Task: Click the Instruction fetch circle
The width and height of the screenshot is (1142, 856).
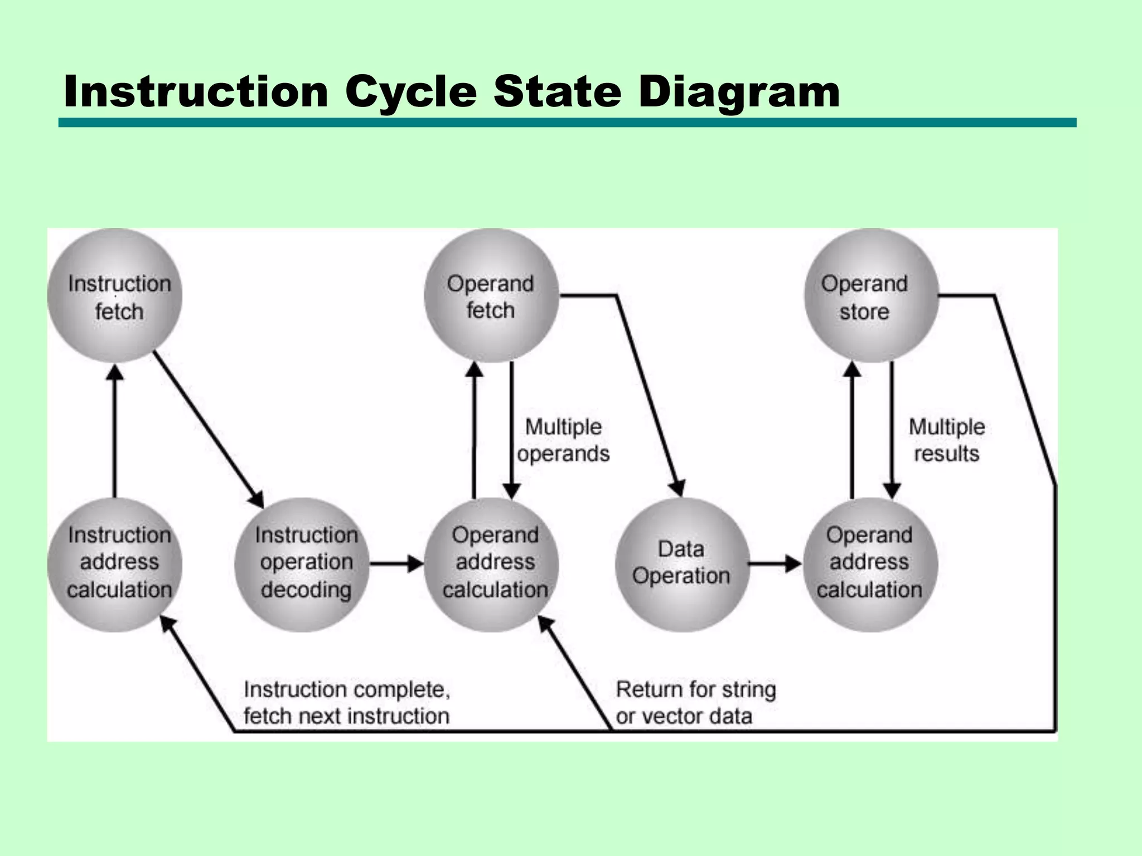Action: pos(115,295)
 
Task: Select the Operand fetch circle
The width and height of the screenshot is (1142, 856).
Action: pos(491,295)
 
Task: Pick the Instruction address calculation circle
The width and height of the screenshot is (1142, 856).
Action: pos(115,564)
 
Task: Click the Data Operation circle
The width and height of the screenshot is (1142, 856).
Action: pos(681,564)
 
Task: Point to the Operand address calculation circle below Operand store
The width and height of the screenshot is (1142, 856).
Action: pos(870,564)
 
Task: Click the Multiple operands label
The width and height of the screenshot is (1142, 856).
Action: pos(563,440)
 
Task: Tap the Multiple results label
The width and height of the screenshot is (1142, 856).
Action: pos(946,440)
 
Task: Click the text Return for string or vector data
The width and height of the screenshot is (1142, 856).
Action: pos(695,702)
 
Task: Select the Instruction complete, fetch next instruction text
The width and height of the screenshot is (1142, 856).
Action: pos(346,702)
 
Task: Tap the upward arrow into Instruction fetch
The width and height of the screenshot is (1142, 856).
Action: pos(115,429)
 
